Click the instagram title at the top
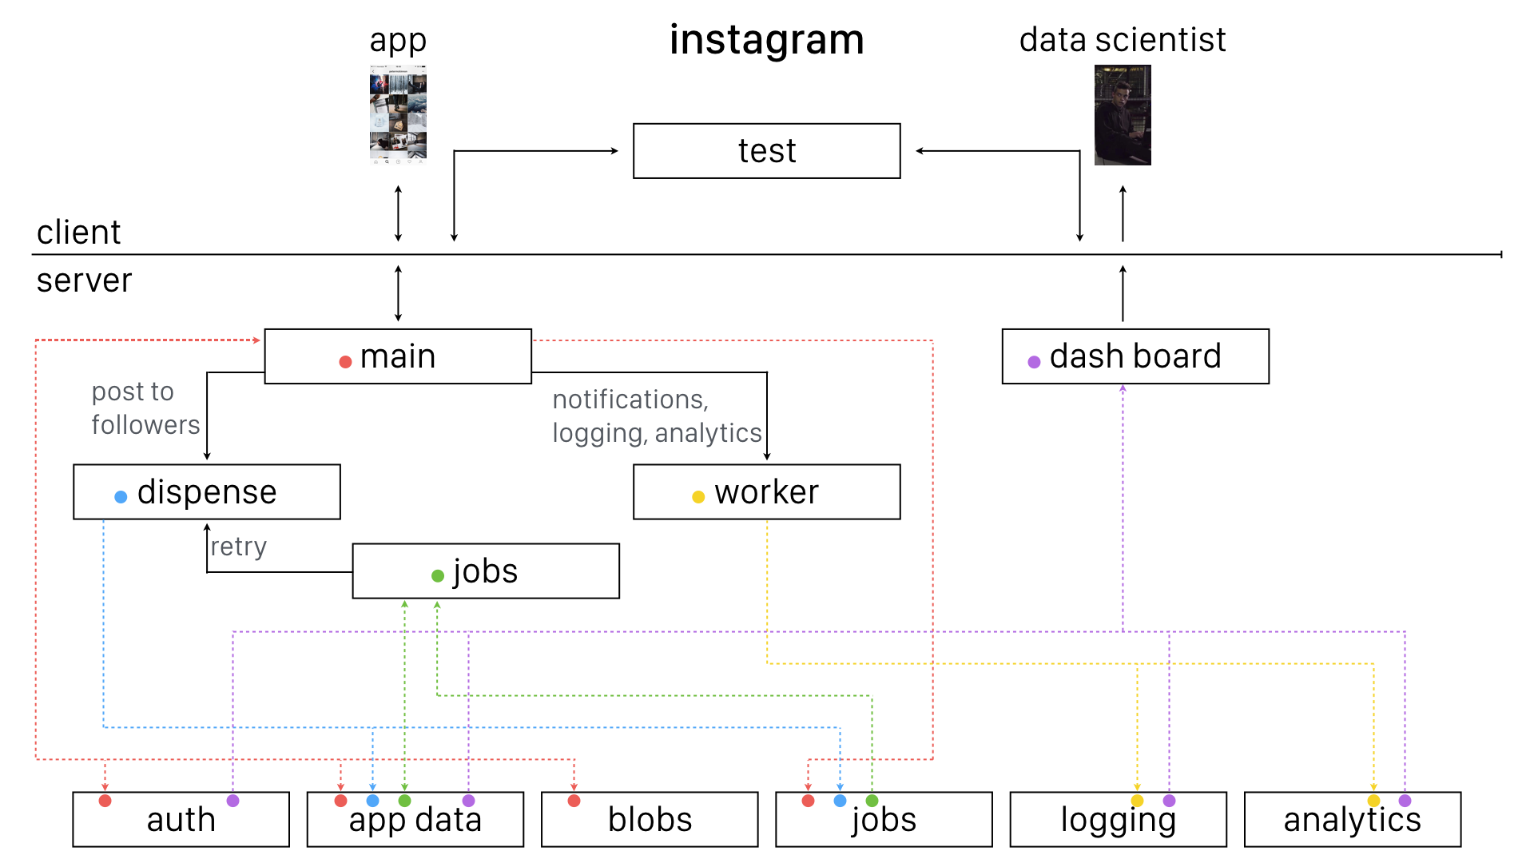click(766, 40)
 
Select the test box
click(766, 151)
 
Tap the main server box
click(398, 356)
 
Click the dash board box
click(1135, 356)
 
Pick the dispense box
click(206, 492)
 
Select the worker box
click(766, 492)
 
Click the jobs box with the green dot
click(486, 571)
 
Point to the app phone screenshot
click(398, 115)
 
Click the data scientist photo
click(1122, 115)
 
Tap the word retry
click(238, 547)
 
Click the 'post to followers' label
click(145, 408)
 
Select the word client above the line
click(78, 233)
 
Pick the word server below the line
click(84, 280)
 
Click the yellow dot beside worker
click(697, 497)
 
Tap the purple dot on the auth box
click(232, 801)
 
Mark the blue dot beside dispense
click(121, 497)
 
